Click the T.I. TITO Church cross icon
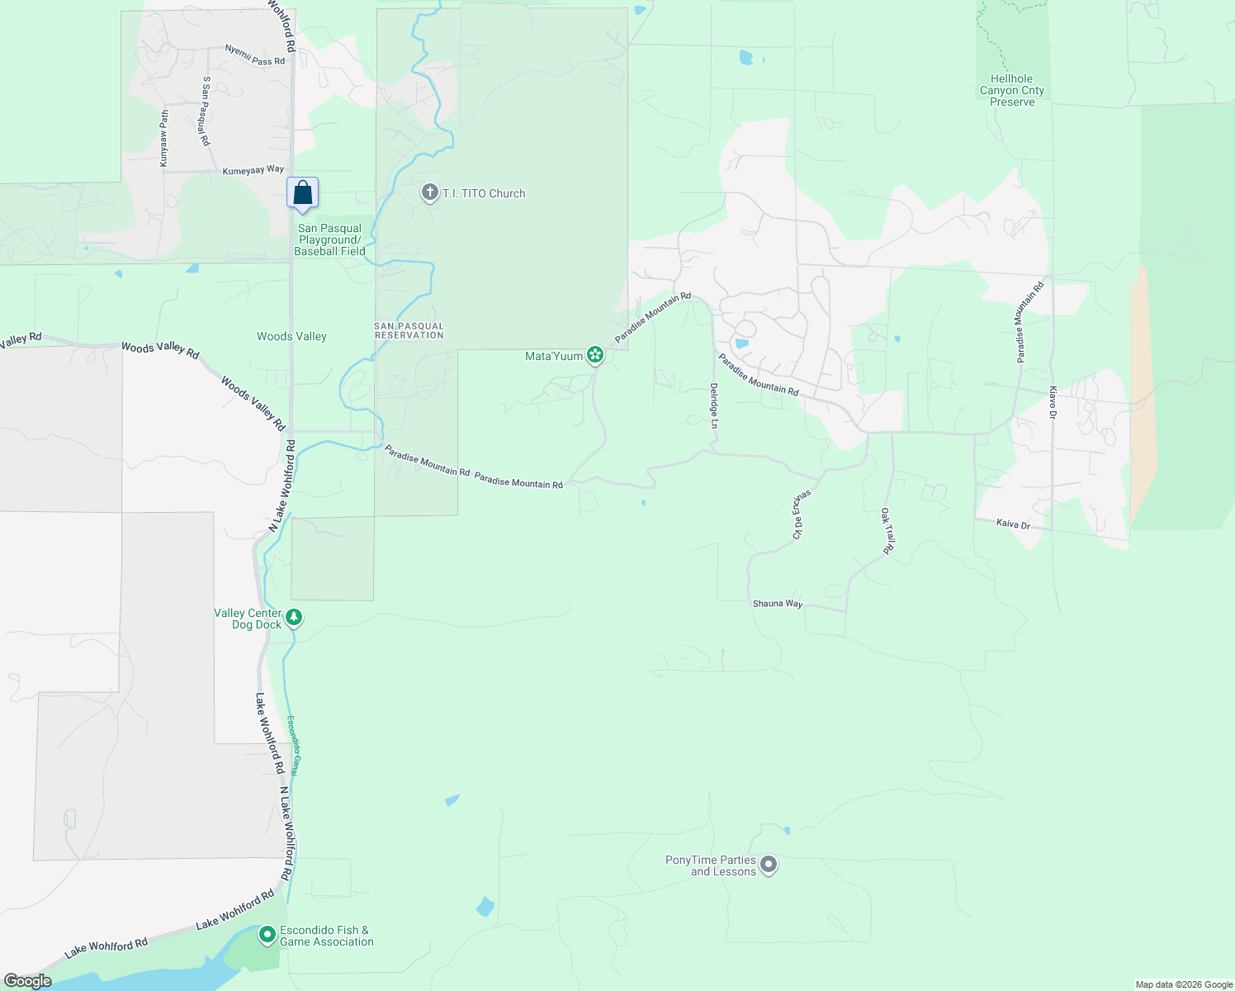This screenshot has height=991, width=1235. click(x=429, y=193)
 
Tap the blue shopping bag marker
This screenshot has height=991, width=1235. click(x=303, y=194)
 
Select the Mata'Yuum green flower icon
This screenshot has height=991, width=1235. click(x=595, y=356)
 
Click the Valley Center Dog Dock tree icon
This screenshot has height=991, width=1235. click(x=293, y=618)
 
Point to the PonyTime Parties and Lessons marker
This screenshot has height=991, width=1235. click(x=769, y=865)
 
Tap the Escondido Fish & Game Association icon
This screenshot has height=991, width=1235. click(x=267, y=935)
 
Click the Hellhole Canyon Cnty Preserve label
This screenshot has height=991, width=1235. click(x=1011, y=91)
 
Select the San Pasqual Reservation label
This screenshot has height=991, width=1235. click(x=409, y=330)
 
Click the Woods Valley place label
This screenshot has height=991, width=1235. click(x=291, y=336)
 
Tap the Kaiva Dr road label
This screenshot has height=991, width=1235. click(x=1013, y=524)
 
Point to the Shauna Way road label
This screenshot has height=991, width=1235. click(x=777, y=604)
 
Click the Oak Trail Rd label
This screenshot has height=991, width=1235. click(x=887, y=531)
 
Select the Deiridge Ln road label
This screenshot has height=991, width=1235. click(x=714, y=405)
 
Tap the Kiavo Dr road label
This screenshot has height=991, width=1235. click(x=1053, y=402)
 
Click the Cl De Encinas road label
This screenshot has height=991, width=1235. click(x=801, y=514)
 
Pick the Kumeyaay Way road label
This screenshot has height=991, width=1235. click(x=253, y=170)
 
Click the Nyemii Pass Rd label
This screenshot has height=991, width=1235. click(x=254, y=55)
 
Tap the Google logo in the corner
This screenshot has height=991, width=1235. click(x=27, y=981)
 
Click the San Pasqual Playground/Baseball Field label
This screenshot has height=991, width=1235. click(x=329, y=239)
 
